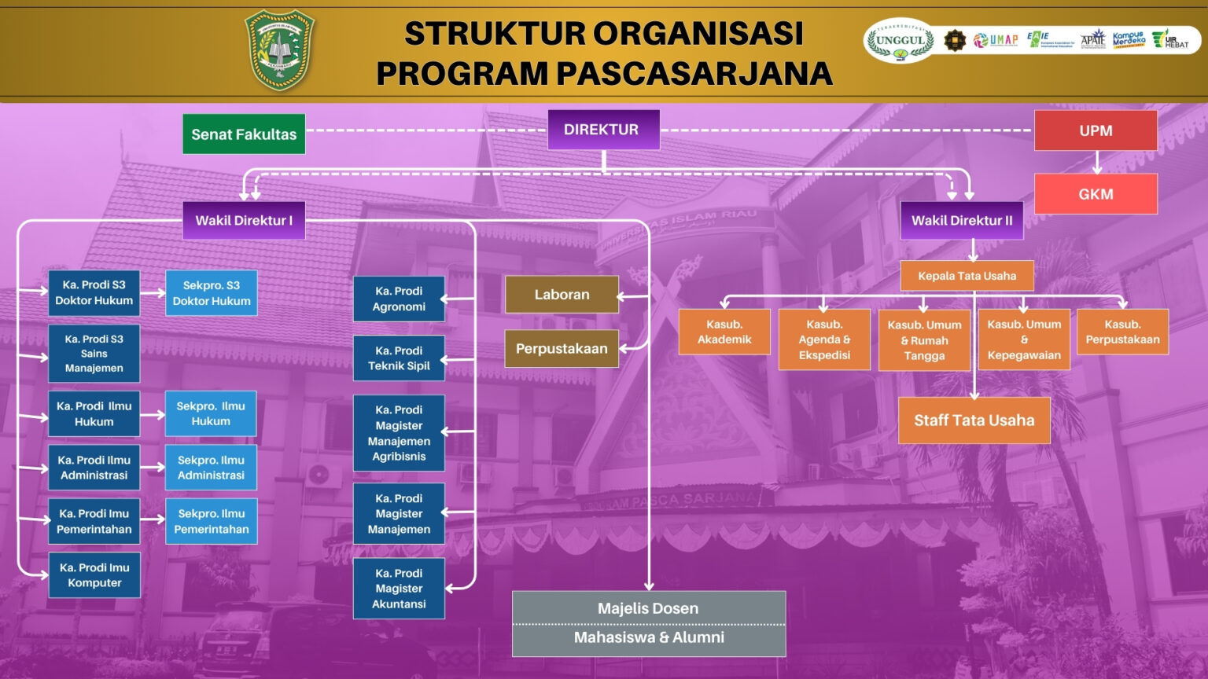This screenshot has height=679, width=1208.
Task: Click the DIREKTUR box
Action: coord(603,130)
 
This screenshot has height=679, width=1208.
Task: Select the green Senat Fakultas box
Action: coord(244,134)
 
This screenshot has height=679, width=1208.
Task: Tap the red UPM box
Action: coord(1096,130)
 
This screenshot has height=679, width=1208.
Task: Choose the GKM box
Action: coord(1096,194)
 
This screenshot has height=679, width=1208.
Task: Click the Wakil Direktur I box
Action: coord(244,221)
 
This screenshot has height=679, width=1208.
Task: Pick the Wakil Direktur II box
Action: coord(962,221)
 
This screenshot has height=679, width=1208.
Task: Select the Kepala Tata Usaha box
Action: coord(967,276)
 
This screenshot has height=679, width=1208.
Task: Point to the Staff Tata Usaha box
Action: coord(974,420)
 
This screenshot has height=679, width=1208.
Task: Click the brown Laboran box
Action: coord(562,295)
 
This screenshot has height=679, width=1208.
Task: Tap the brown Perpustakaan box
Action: coord(562,349)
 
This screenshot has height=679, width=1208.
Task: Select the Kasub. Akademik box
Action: coord(724,332)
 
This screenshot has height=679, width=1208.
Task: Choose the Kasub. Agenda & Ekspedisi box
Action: coord(824,339)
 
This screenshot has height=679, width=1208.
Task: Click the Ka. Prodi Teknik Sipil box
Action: coord(399,358)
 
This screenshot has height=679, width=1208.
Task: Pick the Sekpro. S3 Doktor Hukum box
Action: coord(211,293)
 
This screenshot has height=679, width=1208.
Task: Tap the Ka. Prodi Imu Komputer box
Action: coord(94,575)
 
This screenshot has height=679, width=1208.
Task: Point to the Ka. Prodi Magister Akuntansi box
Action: coord(399,589)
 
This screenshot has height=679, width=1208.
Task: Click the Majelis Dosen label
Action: coord(648,608)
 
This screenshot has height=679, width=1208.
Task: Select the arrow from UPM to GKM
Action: coord(1096,162)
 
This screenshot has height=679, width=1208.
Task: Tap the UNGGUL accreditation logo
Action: coord(900,41)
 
